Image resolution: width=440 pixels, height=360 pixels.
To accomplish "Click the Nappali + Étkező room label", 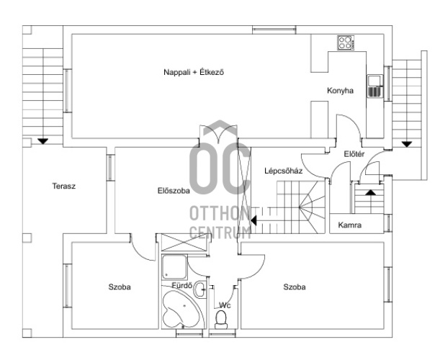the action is point(194,73).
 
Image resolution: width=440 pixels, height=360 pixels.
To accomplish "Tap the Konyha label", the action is point(340,91).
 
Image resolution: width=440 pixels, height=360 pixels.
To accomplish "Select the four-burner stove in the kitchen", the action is point(346,42).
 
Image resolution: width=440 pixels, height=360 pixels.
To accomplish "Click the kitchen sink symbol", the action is point(375,86).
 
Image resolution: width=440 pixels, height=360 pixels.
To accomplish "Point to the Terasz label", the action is point(64,186).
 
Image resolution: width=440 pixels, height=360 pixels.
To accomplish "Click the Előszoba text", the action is point(174,191).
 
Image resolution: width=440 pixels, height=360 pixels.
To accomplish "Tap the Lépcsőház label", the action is point(284,171).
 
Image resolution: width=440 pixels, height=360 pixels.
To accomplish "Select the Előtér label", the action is point(354,154).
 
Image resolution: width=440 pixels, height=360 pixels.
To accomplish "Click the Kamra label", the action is point(350,225).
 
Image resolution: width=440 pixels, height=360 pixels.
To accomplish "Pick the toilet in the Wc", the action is point(221,320).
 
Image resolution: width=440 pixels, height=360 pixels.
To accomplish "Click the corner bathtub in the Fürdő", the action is point(183,310).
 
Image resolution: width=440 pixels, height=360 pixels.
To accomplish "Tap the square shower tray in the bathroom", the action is point(174,267).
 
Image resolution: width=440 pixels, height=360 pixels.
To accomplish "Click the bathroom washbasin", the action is point(200,289).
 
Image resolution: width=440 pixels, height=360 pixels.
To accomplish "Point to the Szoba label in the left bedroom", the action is point(120,287).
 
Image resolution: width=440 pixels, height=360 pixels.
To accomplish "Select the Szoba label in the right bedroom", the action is point(295,287).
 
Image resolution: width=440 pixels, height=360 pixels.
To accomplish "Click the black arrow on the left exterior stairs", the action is point(42,141).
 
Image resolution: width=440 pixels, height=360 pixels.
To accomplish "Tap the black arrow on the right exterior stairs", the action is point(407,144).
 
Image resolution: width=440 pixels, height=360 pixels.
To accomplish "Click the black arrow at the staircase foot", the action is point(253,220).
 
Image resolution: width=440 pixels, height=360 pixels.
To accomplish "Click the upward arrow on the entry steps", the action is point(371,192).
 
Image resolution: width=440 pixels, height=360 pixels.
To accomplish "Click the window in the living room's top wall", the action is point(274,30).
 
